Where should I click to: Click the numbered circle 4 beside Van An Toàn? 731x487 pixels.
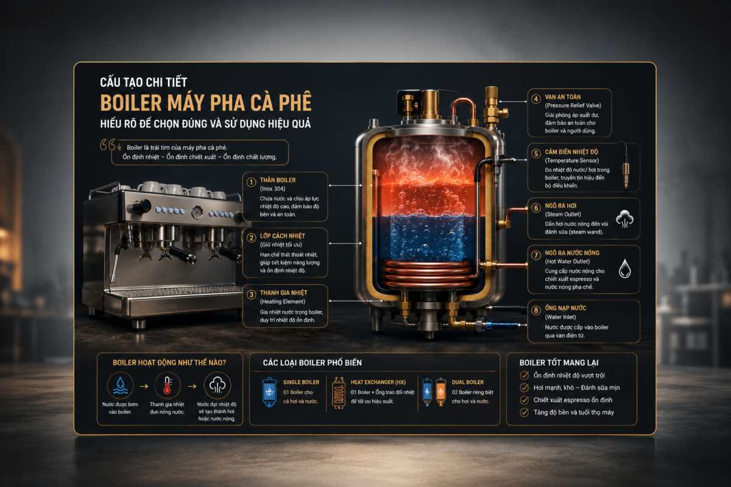(x=536, y=99)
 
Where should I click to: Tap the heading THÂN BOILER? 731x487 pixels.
(x=278, y=180)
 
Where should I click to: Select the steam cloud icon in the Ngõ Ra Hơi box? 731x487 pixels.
(x=624, y=219)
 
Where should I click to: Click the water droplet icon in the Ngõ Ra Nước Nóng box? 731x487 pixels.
(x=624, y=268)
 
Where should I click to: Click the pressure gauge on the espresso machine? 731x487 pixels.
(x=197, y=212)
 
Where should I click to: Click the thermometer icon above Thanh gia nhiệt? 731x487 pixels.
(x=168, y=385)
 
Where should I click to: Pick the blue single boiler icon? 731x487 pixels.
(x=269, y=392)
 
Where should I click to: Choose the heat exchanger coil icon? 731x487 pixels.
(x=339, y=393)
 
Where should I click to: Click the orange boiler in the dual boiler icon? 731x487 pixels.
(x=440, y=391)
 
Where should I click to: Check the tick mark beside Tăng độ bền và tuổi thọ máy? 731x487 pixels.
(x=524, y=412)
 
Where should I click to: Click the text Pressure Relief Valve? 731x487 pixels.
(x=573, y=105)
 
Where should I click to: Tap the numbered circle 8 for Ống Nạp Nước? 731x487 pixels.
(x=536, y=310)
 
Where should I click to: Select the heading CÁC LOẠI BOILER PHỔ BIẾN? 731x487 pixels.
(x=313, y=363)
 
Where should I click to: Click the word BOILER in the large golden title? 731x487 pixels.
(x=131, y=103)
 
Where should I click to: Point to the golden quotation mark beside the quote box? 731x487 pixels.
(x=108, y=144)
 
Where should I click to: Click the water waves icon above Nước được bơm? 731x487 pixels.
(x=120, y=385)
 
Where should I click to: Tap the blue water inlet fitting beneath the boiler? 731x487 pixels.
(x=501, y=324)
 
